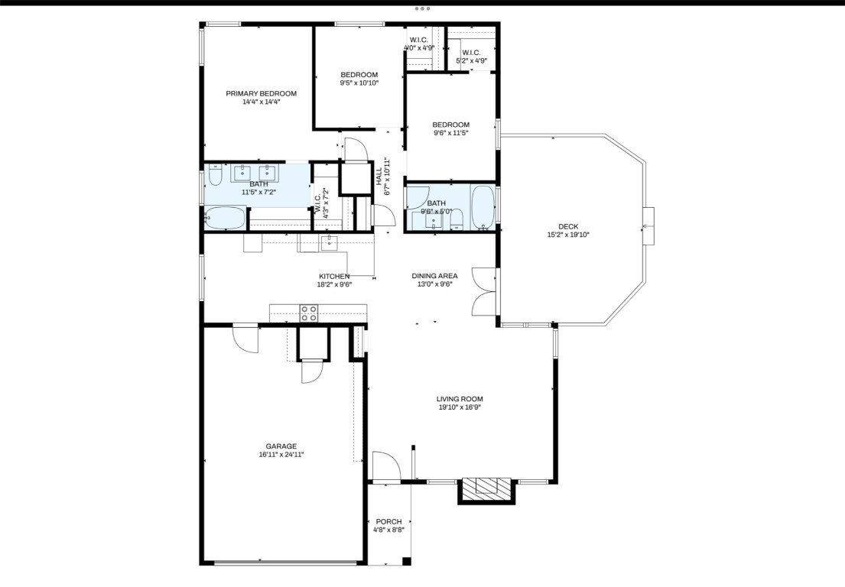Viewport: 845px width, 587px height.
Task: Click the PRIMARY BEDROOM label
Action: click(261, 93)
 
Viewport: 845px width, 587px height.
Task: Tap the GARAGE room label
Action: click(281, 446)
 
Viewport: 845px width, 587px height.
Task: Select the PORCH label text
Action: click(388, 522)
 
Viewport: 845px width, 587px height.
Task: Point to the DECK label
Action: click(568, 226)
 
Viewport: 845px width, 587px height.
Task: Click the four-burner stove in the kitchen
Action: click(309, 313)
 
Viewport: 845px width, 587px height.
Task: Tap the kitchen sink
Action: click(329, 243)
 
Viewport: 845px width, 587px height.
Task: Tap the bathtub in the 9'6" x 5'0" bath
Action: click(483, 207)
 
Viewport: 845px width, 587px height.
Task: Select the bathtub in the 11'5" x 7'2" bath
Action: click(226, 219)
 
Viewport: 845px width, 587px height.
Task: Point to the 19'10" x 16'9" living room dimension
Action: click(460, 407)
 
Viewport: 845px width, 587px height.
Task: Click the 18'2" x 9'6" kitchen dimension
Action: click(334, 284)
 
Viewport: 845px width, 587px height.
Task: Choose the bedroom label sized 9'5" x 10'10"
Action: click(359, 83)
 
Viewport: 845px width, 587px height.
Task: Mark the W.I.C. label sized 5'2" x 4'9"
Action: click(471, 60)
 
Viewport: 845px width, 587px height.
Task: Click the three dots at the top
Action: click(423, 8)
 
